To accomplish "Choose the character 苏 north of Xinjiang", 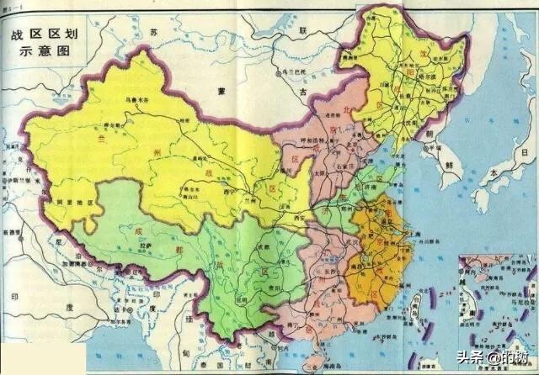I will [x=153, y=30].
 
